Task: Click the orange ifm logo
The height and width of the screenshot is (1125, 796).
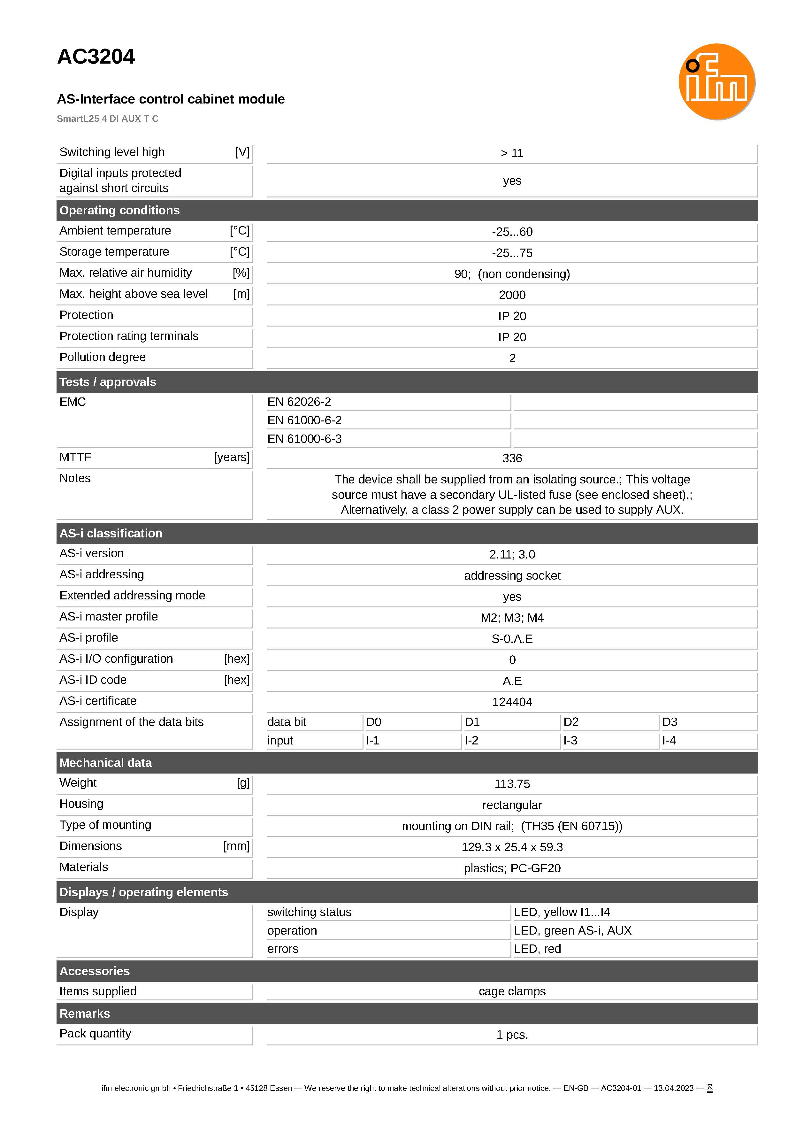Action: click(716, 82)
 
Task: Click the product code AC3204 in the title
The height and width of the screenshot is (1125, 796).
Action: click(96, 57)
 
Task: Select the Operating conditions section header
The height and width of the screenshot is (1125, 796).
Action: click(119, 210)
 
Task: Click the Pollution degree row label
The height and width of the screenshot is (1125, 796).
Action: click(103, 357)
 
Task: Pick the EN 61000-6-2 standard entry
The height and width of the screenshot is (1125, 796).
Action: click(304, 420)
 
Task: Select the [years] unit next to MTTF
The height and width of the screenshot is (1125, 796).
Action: click(232, 457)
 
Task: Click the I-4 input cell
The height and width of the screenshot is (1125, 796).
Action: click(669, 741)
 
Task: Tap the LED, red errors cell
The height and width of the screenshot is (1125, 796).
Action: click(537, 949)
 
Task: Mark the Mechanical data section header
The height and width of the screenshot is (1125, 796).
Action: click(105, 763)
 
